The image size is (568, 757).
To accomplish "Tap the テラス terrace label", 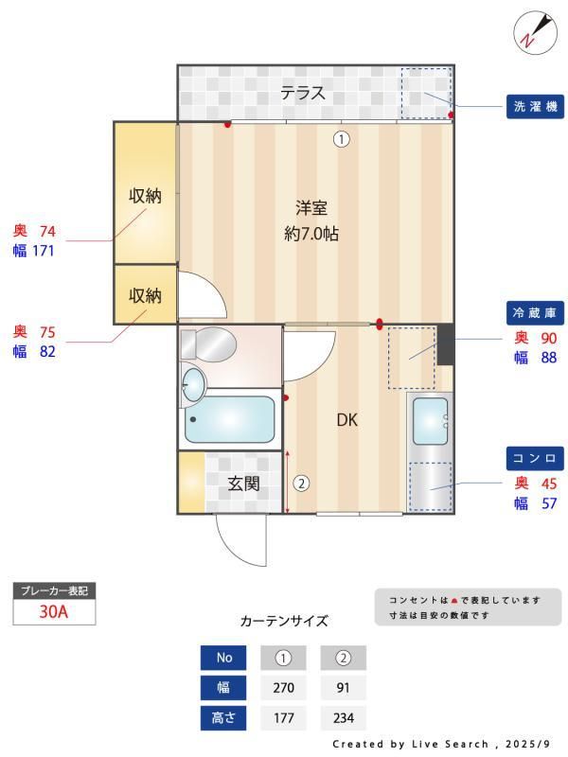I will click(x=303, y=93).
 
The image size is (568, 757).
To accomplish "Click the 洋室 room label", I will click(x=311, y=208).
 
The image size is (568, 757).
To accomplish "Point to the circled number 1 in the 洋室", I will click(x=341, y=139).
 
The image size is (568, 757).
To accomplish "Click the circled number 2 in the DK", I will click(x=301, y=483).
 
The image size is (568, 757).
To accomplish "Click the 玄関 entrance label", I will click(x=243, y=483).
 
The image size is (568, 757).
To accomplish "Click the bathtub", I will click(x=230, y=419).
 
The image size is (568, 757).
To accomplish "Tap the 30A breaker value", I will click(x=54, y=611).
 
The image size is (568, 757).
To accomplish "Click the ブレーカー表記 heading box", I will click(x=54, y=590).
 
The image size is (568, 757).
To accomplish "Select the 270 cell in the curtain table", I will click(x=283, y=688).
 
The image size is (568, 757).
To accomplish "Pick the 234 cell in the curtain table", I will click(x=343, y=718).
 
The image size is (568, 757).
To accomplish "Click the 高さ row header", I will click(x=223, y=718).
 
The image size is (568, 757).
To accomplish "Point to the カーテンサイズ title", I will click(x=284, y=622).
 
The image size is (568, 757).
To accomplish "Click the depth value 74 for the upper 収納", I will click(x=47, y=230).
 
